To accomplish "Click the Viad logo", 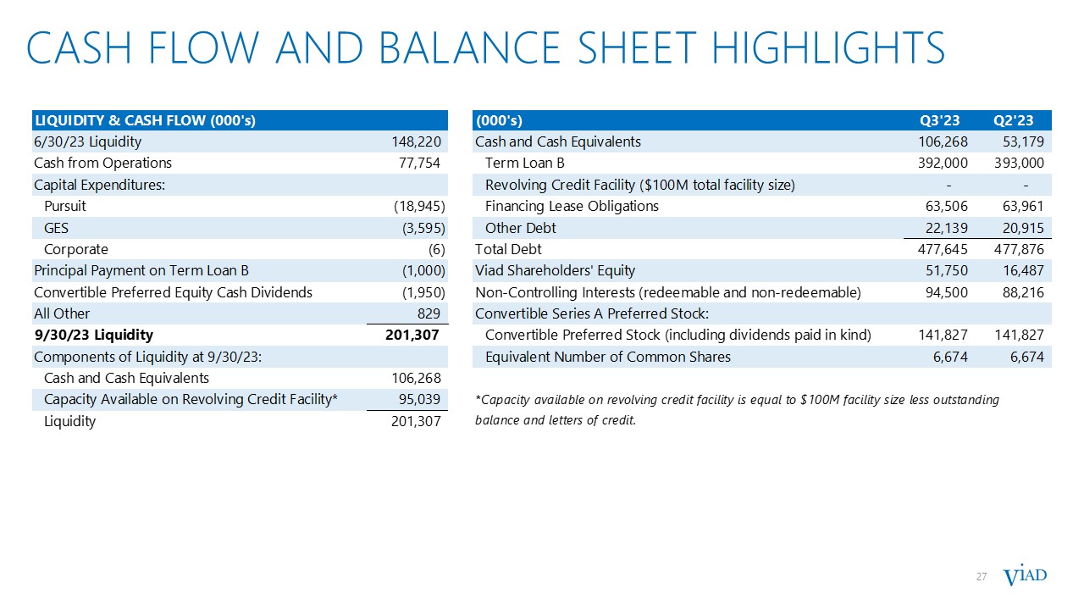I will tap(1025, 577).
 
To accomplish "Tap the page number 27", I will tap(982, 577).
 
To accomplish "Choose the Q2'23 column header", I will tap(1021, 120).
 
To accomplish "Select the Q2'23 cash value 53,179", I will tap(1025, 141).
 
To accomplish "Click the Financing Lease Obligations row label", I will tap(572, 206).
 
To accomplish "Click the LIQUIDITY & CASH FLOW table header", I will tap(144, 120).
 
